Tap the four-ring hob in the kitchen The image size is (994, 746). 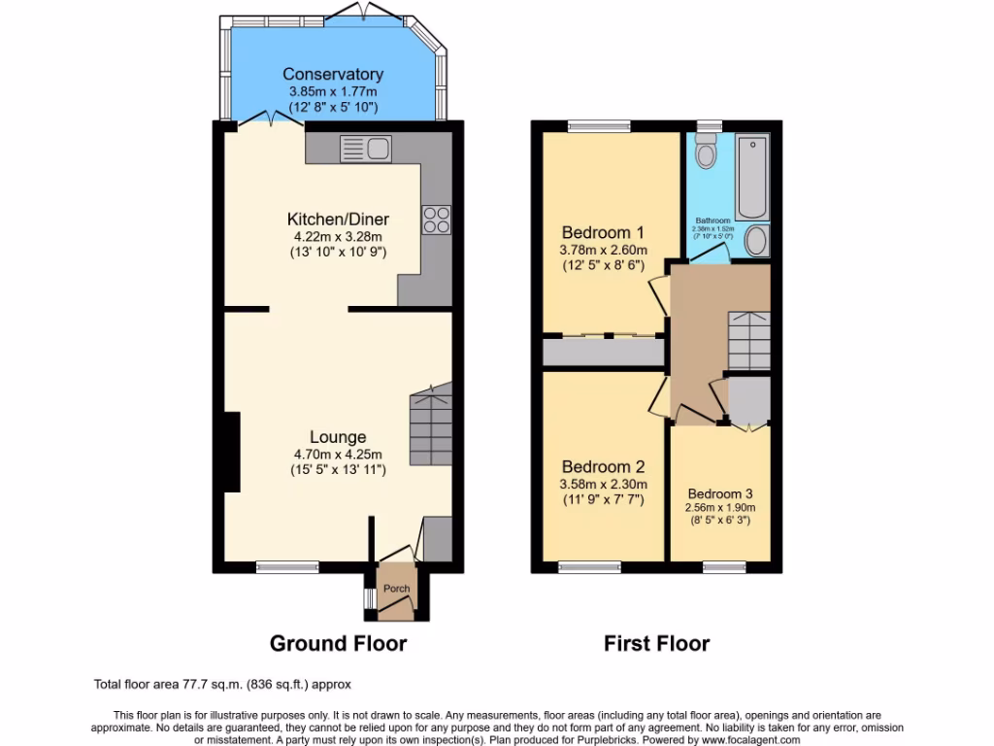[435, 220]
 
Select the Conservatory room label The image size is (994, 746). [333, 74]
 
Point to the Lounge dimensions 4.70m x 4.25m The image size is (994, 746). [338, 454]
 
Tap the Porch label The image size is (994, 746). [396, 589]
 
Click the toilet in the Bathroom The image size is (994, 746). [706, 152]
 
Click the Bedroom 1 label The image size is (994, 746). [603, 232]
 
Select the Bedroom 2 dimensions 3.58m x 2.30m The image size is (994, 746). [603, 485]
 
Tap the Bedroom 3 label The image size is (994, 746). [720, 492]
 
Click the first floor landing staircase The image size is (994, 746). [748, 340]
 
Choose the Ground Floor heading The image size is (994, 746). [337, 643]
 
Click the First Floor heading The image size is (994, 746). [656, 643]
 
